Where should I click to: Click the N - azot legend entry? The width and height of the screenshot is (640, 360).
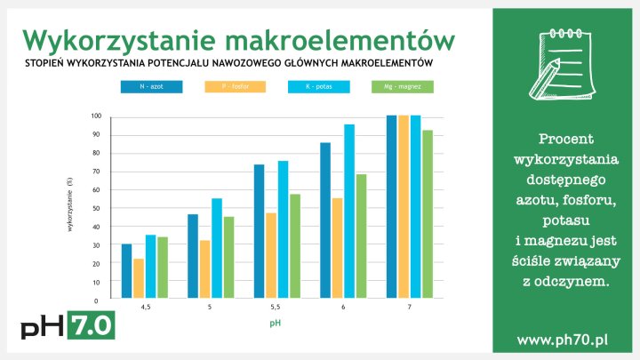151,87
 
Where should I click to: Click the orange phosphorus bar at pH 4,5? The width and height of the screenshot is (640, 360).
139,279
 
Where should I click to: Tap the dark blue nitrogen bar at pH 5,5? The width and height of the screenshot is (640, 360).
259,232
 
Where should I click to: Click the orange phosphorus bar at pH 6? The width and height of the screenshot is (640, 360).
337,249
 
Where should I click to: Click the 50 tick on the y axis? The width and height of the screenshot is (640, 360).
97,209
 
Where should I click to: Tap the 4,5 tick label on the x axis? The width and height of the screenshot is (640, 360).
145,307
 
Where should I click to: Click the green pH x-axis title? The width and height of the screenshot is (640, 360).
276,323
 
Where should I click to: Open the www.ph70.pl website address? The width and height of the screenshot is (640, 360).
562,340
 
